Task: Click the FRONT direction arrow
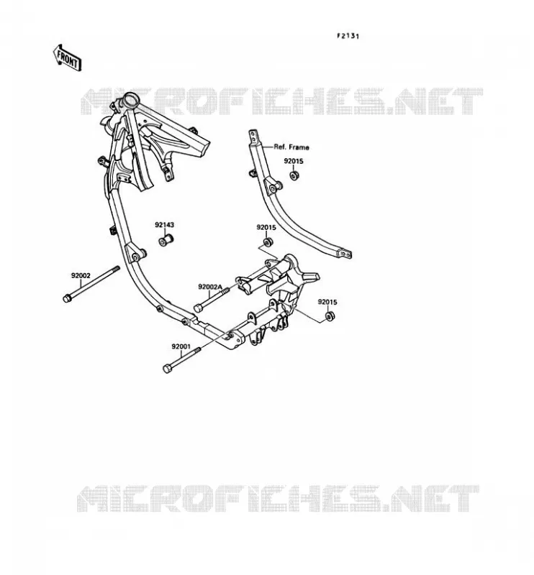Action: pyautogui.click(x=67, y=57)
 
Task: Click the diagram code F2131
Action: pyautogui.click(x=348, y=36)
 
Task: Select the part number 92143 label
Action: pyautogui.click(x=164, y=225)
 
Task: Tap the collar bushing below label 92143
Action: pyautogui.click(x=166, y=240)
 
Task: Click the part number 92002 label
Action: pyautogui.click(x=81, y=275)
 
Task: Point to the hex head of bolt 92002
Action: pyautogui.click(x=67, y=298)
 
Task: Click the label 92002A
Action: pyautogui.click(x=210, y=287)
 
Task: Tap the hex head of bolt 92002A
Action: pyautogui.click(x=198, y=308)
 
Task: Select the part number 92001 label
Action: pyautogui.click(x=181, y=346)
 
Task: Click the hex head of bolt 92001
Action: pyautogui.click(x=167, y=369)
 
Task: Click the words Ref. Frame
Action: pyautogui.click(x=291, y=147)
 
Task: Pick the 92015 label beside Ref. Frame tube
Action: pyautogui.click(x=294, y=161)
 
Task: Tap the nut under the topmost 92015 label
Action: pyautogui.click(x=294, y=175)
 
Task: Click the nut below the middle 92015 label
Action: pyautogui.click(x=268, y=242)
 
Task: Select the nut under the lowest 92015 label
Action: pyautogui.click(x=330, y=316)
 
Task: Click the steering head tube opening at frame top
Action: pyautogui.click(x=130, y=99)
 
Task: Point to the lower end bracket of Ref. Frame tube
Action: pyautogui.click(x=345, y=254)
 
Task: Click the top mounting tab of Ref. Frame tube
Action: pyautogui.click(x=253, y=137)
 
